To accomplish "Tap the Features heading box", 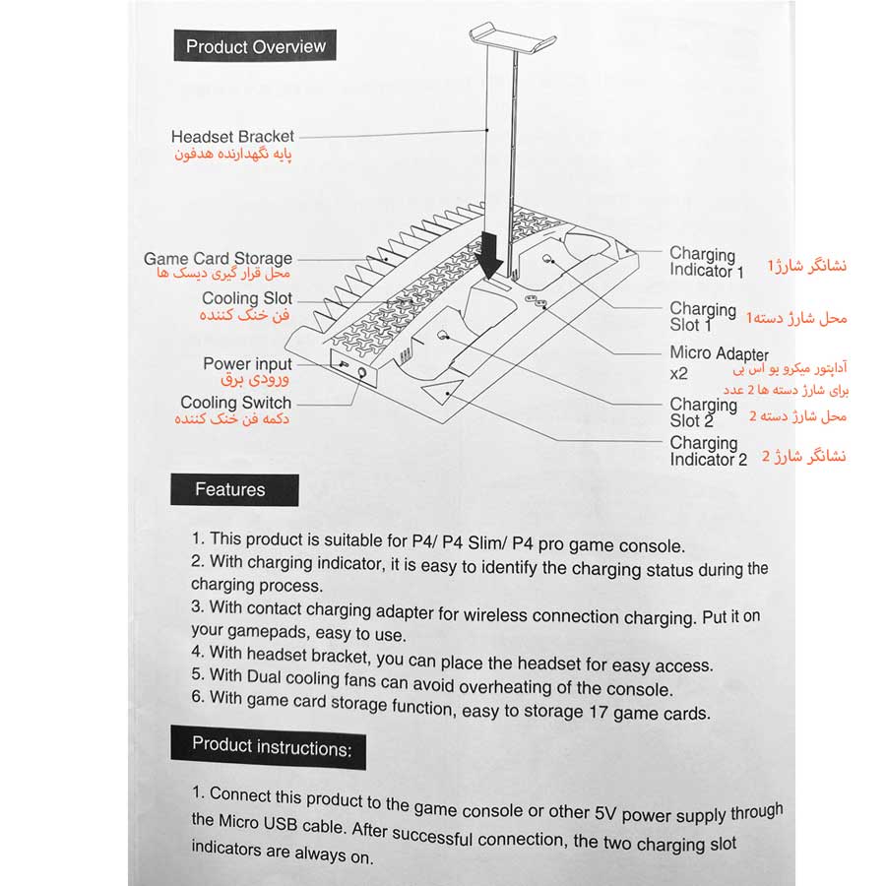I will click(230, 489).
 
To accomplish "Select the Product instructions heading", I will click(271, 746).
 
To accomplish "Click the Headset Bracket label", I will click(232, 137).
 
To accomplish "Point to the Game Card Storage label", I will click(218, 259).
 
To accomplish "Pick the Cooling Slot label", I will click(247, 298).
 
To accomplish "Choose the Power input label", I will click(247, 364).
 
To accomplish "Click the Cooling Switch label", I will click(236, 403).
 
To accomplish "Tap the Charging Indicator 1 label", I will click(706, 262).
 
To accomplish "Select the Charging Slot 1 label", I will click(703, 317).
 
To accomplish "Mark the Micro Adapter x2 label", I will click(719, 362).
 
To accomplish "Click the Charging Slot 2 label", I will click(703, 411).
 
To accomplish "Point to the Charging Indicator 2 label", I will click(708, 451).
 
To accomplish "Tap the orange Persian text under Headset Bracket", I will click(232, 156).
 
